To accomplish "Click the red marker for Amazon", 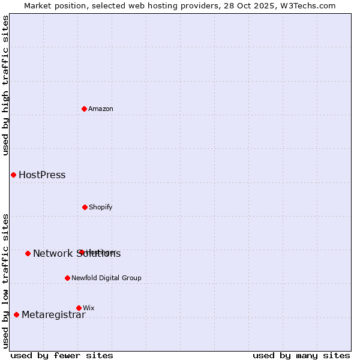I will pyautogui.click(x=85, y=109).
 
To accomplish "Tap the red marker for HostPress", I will pyautogui.click(x=13, y=175).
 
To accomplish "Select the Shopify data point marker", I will pyautogui.click(x=85, y=207).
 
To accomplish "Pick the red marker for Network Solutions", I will pyautogui.click(x=28, y=253).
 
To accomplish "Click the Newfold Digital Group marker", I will pyautogui.click(x=67, y=278).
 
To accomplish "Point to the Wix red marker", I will pyautogui.click(x=79, y=308).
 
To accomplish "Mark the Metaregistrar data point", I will pyautogui.click(x=16, y=314).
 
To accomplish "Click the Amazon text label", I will pyautogui.click(x=101, y=109).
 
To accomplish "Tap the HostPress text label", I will pyautogui.click(x=42, y=175).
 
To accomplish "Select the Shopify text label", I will pyautogui.click(x=101, y=207).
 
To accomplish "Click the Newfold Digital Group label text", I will pyautogui.click(x=106, y=278).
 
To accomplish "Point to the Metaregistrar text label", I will pyautogui.click(x=53, y=315).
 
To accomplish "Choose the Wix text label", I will pyautogui.click(x=89, y=308).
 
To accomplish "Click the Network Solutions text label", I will pyautogui.click(x=77, y=254).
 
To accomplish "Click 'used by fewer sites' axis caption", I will pyautogui.click(x=62, y=355).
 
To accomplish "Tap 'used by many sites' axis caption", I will pyautogui.click(x=301, y=355).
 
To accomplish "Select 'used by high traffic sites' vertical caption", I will pyautogui.click(x=6, y=85).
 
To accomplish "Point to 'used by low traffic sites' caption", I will pyautogui.click(x=6, y=281).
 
